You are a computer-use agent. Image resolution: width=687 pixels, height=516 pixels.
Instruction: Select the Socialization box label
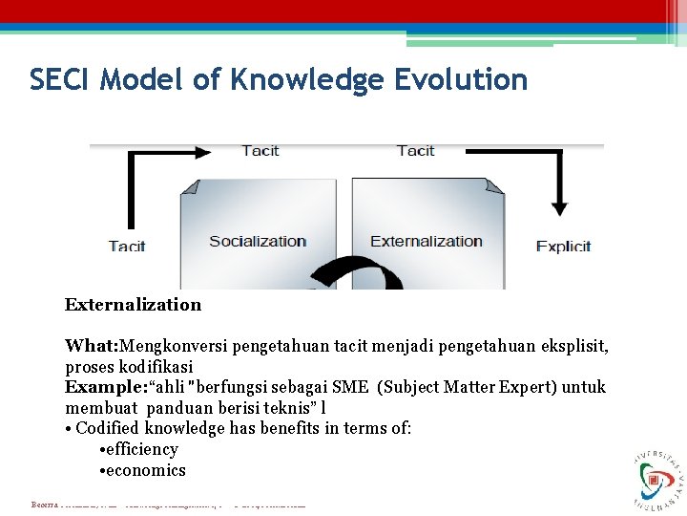[258, 241]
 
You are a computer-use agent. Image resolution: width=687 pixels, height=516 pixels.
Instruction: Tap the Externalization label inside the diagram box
[427, 241]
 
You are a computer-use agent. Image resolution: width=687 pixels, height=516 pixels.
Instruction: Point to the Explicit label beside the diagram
[563, 247]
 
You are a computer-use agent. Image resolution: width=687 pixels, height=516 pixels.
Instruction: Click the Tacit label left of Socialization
[127, 247]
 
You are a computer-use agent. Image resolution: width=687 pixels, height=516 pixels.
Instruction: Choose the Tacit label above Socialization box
[260, 151]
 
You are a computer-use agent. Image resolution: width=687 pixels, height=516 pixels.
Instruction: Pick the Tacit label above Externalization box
[415, 151]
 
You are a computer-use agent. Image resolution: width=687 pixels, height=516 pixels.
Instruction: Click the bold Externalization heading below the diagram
[133, 305]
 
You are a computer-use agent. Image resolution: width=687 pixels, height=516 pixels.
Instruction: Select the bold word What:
[92, 346]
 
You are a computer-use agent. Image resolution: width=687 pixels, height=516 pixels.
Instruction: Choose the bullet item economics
[146, 470]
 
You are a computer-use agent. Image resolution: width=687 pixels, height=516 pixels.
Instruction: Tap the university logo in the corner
[657, 476]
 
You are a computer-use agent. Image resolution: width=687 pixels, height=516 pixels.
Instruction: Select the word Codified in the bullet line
[108, 428]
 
